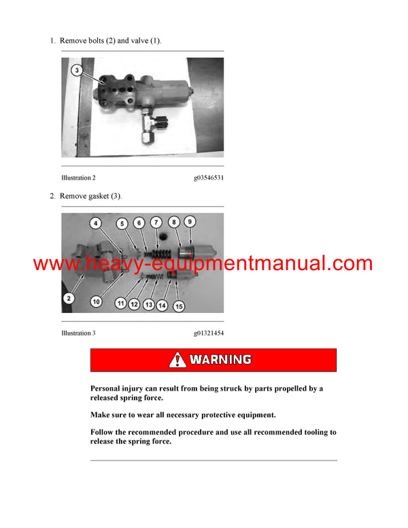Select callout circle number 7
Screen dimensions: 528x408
(x=156, y=222)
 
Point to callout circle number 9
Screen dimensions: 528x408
(x=190, y=222)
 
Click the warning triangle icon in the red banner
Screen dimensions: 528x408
(x=178, y=359)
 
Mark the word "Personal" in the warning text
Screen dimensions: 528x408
(x=108, y=389)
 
